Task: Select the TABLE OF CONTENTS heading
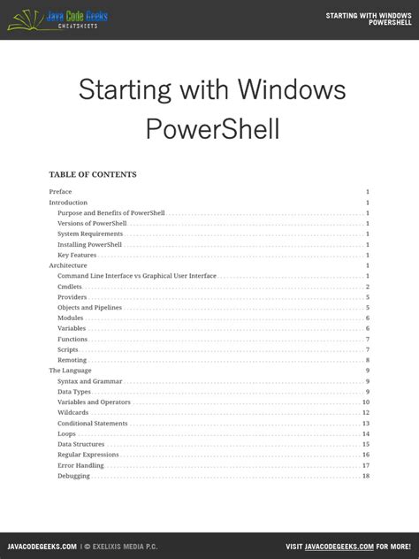click(93, 174)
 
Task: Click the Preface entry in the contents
click(60, 192)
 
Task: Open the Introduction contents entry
click(68, 203)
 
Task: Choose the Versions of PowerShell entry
click(92, 224)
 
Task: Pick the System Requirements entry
click(90, 234)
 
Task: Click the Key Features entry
click(77, 256)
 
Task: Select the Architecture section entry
click(68, 265)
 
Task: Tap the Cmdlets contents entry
click(70, 287)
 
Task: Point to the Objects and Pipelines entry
click(90, 308)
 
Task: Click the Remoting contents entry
click(72, 360)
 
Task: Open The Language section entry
click(70, 371)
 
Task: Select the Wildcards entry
click(72, 413)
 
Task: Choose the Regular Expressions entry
click(88, 455)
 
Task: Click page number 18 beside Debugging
click(365, 476)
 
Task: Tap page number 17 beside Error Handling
click(365, 465)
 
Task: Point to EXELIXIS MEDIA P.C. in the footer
click(122, 547)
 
